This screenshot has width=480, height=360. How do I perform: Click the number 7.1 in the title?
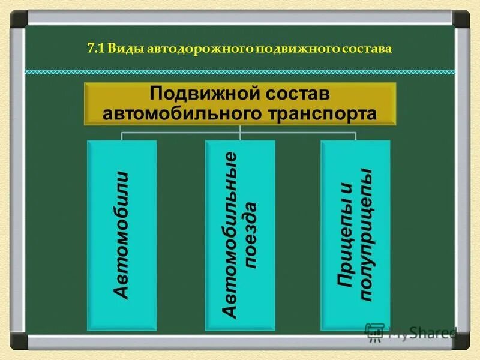point(95,49)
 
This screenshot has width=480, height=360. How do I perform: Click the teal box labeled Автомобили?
point(122,235)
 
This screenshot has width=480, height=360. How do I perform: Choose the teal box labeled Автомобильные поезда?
point(239,235)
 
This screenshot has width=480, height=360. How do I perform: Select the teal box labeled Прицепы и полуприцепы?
point(355,235)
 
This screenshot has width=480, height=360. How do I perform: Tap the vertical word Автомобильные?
point(230,235)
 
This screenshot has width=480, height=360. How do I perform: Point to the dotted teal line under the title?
point(240,71)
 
